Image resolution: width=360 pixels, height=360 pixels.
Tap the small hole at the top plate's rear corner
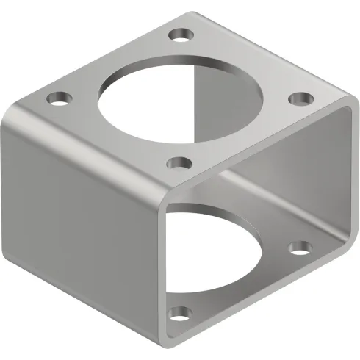tap(178, 34)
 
